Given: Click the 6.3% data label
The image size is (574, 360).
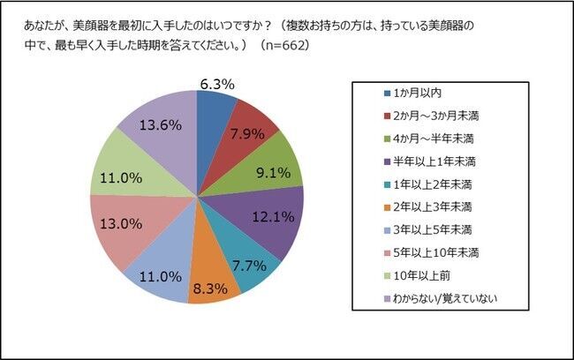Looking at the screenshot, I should [216, 85].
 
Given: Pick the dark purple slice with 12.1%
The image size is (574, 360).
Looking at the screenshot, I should [272, 214].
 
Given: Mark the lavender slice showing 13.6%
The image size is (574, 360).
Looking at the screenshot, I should [161, 124].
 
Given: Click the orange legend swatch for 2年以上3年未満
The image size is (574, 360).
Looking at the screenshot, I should [387, 206].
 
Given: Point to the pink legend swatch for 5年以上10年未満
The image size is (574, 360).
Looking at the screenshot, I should [387, 252].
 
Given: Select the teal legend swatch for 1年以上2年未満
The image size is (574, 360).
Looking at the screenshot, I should [387, 184].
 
